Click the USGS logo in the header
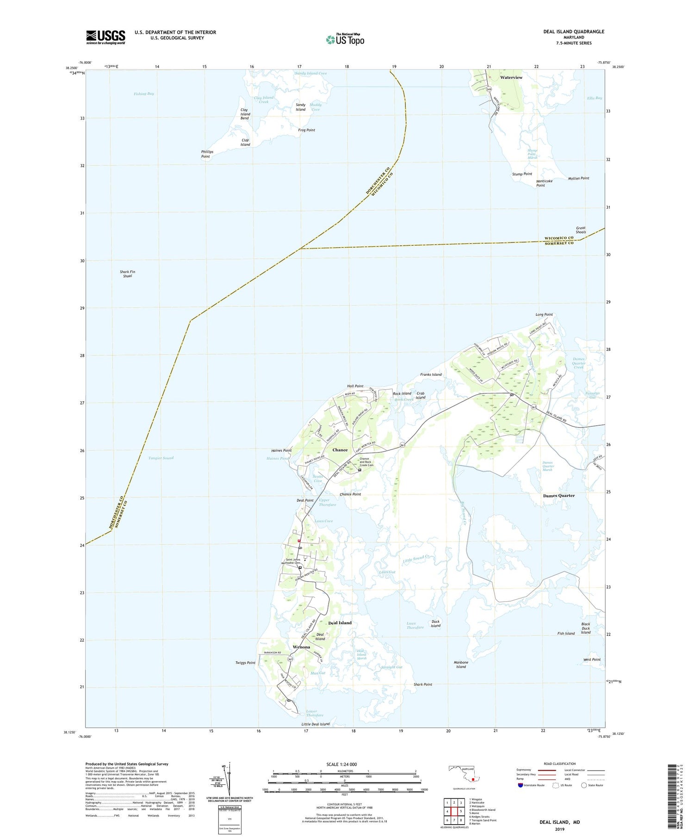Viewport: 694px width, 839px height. pos(105,37)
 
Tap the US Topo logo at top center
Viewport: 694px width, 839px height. pos(345,40)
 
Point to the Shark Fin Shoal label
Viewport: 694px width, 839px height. pos(127,274)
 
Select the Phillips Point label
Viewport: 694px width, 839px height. pos(205,155)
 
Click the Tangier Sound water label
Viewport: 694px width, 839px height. pos(161,458)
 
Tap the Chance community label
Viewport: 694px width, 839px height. pos(340,450)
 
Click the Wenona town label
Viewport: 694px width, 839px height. pos(302,647)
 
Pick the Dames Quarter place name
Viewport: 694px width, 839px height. pos(558,496)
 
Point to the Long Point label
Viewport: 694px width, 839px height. pos(544,315)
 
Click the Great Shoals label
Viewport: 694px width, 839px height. pos(581,230)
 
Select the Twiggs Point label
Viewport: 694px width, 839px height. pos(245,663)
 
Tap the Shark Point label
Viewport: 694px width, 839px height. pos(423,684)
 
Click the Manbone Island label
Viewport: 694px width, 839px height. pos(461,665)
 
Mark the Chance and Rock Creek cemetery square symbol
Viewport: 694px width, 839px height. pos(359,470)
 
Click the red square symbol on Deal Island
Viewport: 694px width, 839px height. pos(299,540)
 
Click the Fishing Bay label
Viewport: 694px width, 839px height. pos(144,94)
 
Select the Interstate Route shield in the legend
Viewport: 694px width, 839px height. pos(520,785)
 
